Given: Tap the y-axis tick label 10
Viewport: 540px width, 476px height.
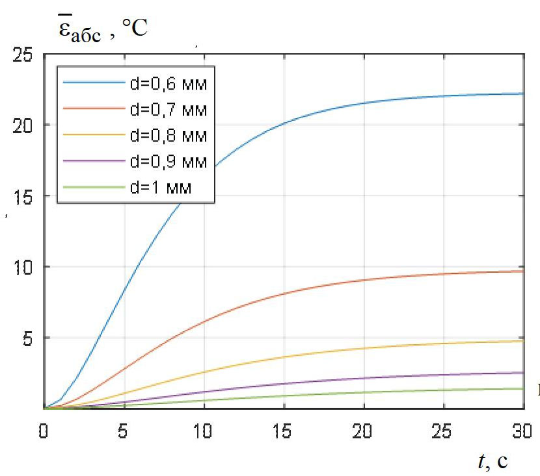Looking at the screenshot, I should point(23,267).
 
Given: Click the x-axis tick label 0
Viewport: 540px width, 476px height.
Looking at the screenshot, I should point(44,431).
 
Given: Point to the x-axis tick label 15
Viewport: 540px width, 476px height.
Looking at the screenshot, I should point(284,431).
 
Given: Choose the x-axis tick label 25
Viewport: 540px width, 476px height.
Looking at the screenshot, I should point(444,431).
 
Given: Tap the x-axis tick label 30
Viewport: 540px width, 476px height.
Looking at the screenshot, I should point(522,431).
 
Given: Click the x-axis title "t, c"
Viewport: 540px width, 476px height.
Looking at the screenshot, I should point(493,461).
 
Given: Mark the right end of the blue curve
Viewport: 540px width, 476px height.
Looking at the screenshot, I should point(524,94).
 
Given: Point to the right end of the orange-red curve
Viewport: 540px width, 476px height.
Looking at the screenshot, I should point(524,271).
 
